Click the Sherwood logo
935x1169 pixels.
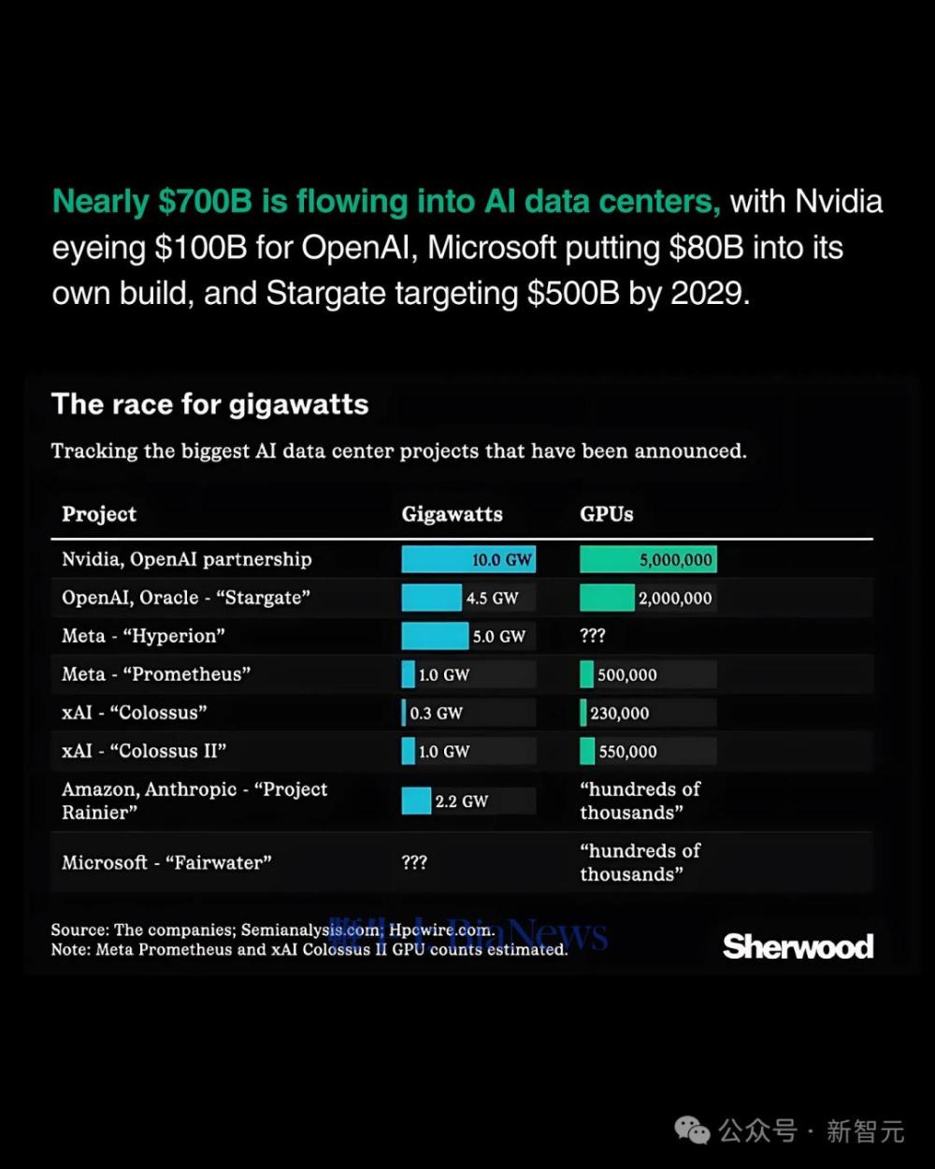tap(798, 946)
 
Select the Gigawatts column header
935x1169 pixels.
tap(452, 514)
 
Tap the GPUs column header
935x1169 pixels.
tap(606, 514)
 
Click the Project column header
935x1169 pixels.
tap(99, 514)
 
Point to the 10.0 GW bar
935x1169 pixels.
tap(467, 559)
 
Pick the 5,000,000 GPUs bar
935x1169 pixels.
tap(648, 559)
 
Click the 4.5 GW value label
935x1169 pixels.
tap(492, 599)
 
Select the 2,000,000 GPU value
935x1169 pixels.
tap(675, 599)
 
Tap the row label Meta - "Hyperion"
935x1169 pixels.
tap(143, 636)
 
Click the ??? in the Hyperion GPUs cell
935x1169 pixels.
tap(593, 636)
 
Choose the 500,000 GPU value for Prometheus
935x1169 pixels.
tap(626, 675)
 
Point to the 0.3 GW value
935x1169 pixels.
tap(436, 714)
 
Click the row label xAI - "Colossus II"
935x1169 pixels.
tap(144, 751)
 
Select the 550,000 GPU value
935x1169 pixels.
tap(627, 752)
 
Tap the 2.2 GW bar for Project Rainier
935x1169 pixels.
tap(416, 801)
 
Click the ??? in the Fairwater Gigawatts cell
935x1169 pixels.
tap(414, 862)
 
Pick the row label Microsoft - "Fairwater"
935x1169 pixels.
tap(166, 862)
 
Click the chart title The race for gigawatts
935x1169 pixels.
tap(209, 404)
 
